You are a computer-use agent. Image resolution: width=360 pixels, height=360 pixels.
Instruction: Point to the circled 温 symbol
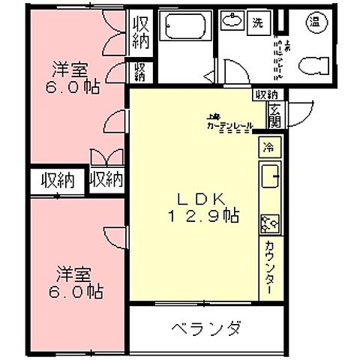[x=315, y=22]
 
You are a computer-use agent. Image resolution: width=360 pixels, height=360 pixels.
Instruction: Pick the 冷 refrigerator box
[x=268, y=147]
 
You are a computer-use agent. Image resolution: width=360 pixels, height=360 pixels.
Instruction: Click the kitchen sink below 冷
[x=269, y=180]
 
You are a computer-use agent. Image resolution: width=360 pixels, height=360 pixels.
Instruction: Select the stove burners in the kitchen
[x=269, y=222]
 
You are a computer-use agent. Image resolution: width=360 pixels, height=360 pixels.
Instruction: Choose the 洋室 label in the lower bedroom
[x=69, y=271]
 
